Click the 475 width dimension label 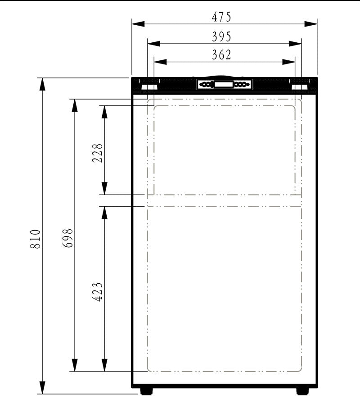click(x=221, y=17)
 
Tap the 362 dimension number click(x=221, y=55)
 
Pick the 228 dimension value click(x=99, y=153)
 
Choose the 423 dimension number click(x=99, y=292)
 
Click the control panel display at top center click(x=224, y=85)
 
